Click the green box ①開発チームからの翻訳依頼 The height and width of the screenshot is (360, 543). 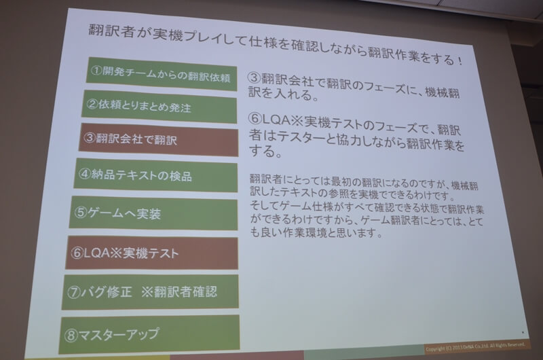point(162,74)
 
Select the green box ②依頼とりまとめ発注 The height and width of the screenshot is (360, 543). point(160,107)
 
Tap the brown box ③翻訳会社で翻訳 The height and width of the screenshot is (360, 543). point(159,140)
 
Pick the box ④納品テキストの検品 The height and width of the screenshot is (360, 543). point(156,175)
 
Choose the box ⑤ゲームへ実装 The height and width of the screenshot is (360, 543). point(154,213)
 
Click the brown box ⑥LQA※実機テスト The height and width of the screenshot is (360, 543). point(152,253)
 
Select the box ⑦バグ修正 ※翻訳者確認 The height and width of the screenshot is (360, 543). point(150,292)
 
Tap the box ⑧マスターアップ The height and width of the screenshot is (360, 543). point(149,334)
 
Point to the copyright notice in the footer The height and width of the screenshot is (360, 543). point(474,347)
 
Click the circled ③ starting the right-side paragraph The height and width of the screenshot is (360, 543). point(254,77)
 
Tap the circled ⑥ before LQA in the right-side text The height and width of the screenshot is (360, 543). point(255,119)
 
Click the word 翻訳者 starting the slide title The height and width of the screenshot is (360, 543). point(113,31)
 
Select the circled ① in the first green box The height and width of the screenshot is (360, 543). point(96,71)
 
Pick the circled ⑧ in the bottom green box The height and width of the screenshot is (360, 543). point(71,335)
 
